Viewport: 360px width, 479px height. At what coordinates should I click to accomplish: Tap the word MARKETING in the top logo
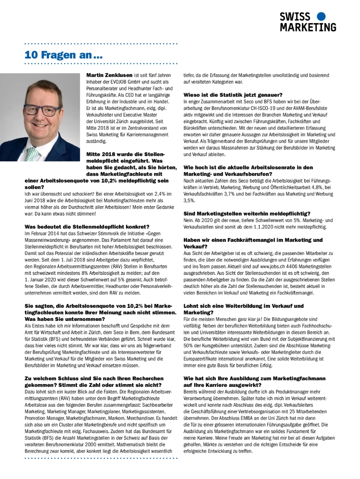(x=308, y=27)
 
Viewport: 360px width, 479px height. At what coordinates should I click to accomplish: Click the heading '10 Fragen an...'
(x=63, y=54)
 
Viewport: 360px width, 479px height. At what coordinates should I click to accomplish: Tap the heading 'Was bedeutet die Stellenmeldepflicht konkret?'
(x=87, y=226)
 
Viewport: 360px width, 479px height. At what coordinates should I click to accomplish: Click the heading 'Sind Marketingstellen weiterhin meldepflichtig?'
(x=247, y=213)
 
